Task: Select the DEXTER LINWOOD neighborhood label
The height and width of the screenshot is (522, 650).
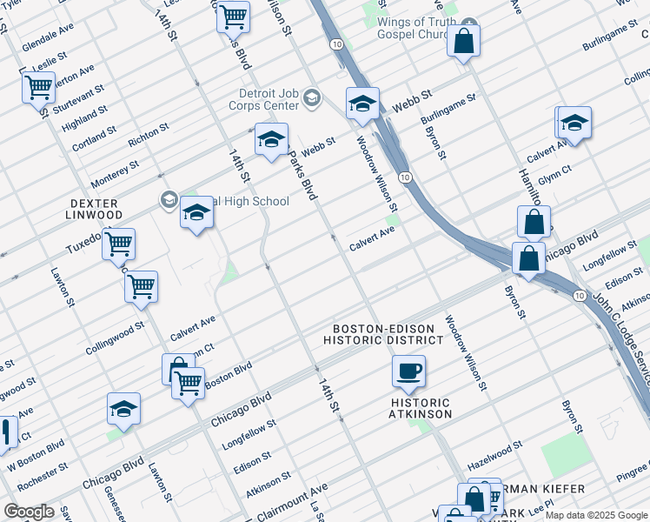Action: click(95, 209)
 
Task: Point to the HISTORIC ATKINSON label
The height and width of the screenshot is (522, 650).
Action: click(421, 408)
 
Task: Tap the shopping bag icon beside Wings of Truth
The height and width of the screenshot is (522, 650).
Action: click(464, 41)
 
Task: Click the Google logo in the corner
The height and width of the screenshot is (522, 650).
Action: click(29, 512)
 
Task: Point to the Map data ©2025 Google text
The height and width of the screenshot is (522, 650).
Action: click(595, 514)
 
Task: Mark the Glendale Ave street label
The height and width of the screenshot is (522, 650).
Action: click(49, 36)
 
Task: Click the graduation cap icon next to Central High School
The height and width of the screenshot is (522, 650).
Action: click(197, 212)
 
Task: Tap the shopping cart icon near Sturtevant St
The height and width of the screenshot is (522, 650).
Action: click(39, 87)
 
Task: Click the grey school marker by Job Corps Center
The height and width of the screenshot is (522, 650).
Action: click(311, 98)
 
